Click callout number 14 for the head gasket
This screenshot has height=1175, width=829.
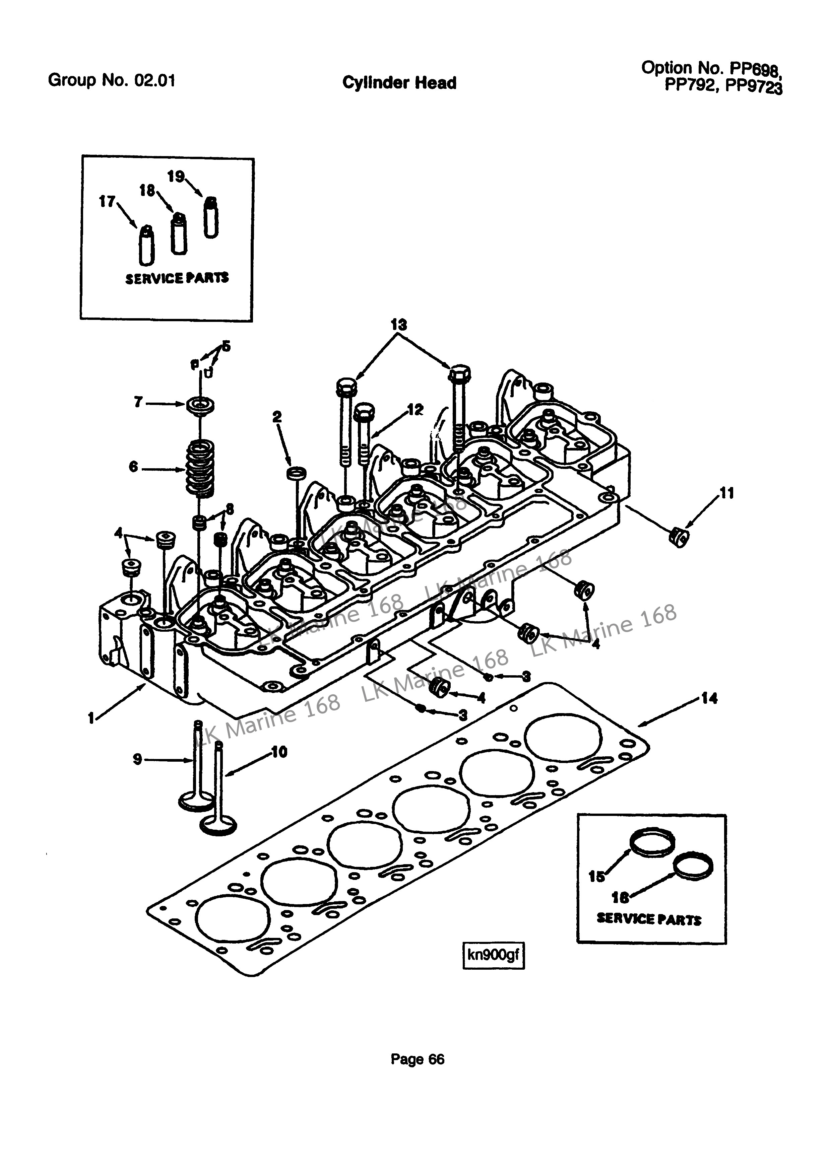pyautogui.click(x=709, y=698)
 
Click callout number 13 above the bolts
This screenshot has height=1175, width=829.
pyautogui.click(x=398, y=325)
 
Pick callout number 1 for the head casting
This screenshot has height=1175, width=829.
pyautogui.click(x=91, y=718)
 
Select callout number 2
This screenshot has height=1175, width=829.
pyautogui.click(x=277, y=417)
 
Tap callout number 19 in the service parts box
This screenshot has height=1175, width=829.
pyautogui.click(x=176, y=177)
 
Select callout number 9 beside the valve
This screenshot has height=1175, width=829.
pyautogui.click(x=137, y=759)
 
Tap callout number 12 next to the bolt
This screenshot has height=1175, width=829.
pyautogui.click(x=415, y=409)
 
